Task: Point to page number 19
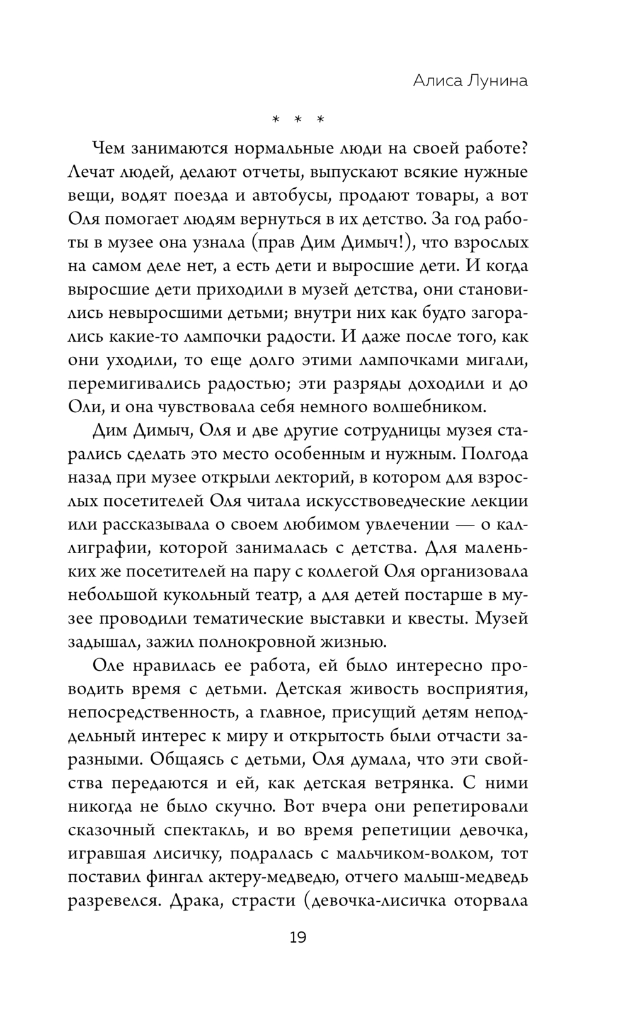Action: point(298,938)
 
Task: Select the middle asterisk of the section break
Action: point(298,120)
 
